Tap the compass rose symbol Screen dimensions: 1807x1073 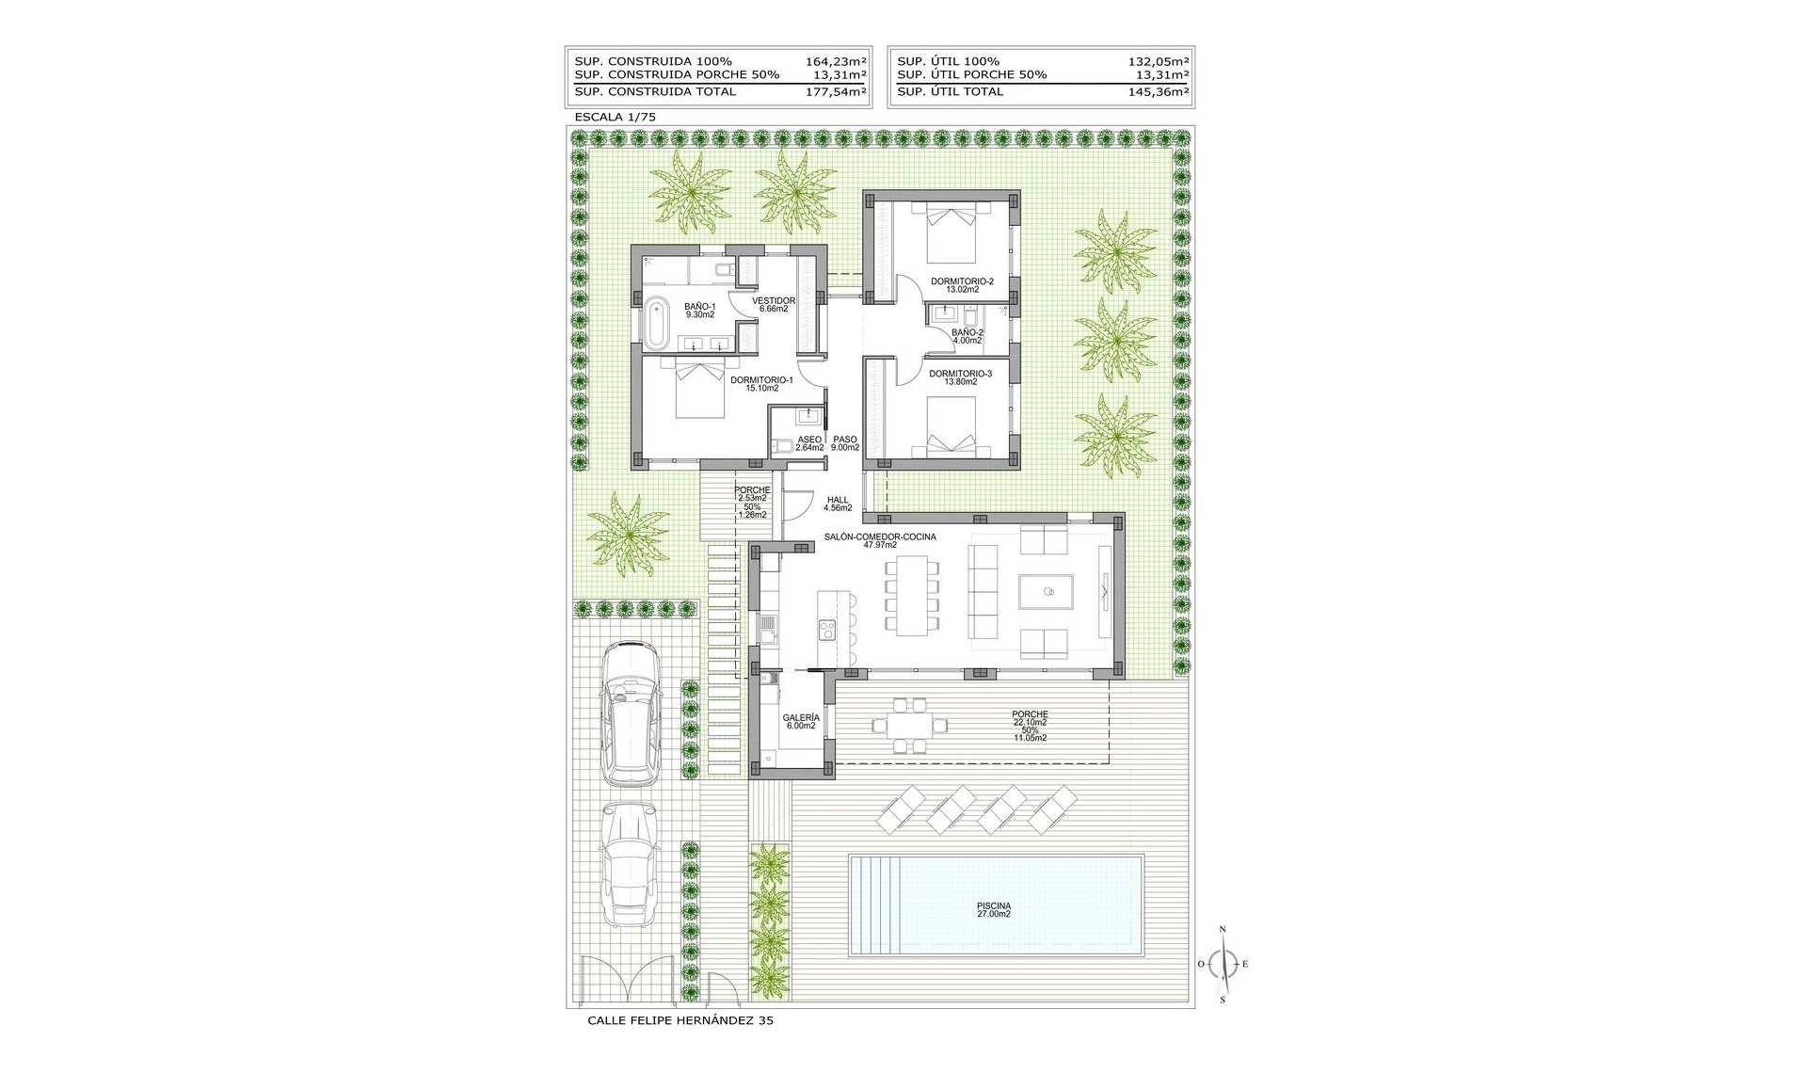point(1223,964)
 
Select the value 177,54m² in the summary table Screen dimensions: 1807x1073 point(836,91)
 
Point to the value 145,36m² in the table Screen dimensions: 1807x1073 point(1158,91)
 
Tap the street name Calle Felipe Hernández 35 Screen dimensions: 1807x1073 point(680,1020)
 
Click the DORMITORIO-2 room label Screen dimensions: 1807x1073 point(962,281)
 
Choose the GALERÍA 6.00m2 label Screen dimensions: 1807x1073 point(800,722)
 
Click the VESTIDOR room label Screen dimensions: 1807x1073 point(774,301)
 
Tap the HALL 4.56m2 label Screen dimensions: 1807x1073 point(838,504)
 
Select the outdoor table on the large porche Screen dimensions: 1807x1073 point(911,724)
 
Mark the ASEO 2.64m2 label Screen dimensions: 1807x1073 point(809,443)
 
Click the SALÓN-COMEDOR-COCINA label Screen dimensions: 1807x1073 point(880,536)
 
